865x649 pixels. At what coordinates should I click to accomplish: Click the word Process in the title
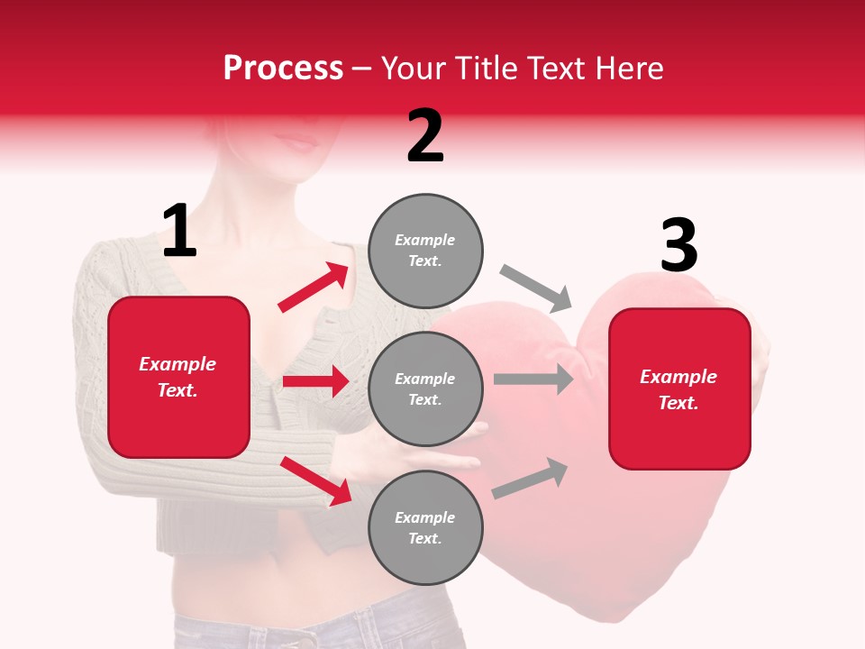pyautogui.click(x=283, y=69)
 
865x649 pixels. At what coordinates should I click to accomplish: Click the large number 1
pyautogui.click(x=179, y=233)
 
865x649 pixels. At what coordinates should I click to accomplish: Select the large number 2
pyautogui.click(x=425, y=136)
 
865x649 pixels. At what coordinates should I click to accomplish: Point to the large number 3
pyautogui.click(x=678, y=246)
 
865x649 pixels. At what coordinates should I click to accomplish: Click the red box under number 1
pyautogui.click(x=178, y=377)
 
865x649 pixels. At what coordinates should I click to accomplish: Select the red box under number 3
pyautogui.click(x=679, y=389)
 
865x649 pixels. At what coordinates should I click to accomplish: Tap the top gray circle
pyautogui.click(x=425, y=251)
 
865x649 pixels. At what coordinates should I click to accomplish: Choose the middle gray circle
pyautogui.click(x=425, y=389)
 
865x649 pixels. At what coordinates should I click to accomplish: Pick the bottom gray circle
pyautogui.click(x=425, y=528)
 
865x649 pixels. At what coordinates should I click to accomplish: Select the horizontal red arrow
pyautogui.click(x=315, y=381)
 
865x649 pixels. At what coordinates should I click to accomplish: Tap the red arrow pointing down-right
pyautogui.click(x=316, y=480)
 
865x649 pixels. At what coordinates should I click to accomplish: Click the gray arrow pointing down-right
pyautogui.click(x=537, y=288)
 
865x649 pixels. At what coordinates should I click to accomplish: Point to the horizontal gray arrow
pyautogui.click(x=533, y=379)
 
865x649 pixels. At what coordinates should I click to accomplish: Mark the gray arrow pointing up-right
pyautogui.click(x=531, y=479)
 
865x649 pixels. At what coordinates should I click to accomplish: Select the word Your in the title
pyautogui.click(x=414, y=69)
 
